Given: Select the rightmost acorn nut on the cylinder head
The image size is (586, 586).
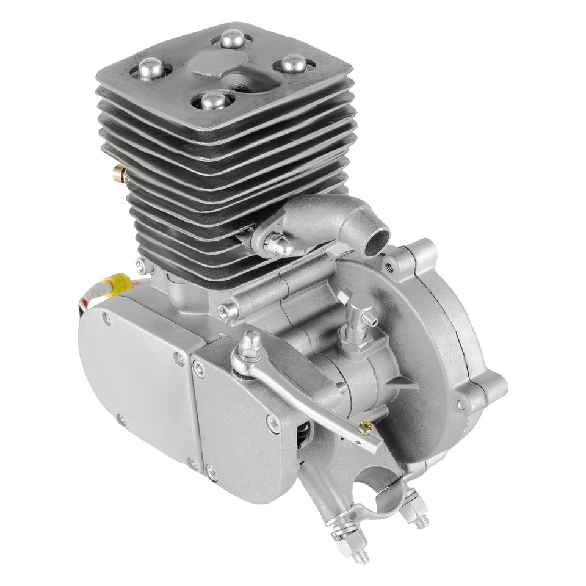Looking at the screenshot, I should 294,63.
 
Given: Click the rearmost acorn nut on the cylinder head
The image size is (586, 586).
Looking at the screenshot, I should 233,40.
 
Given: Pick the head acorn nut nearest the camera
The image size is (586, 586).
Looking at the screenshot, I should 212,99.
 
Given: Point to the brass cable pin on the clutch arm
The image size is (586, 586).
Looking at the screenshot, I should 365,429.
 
